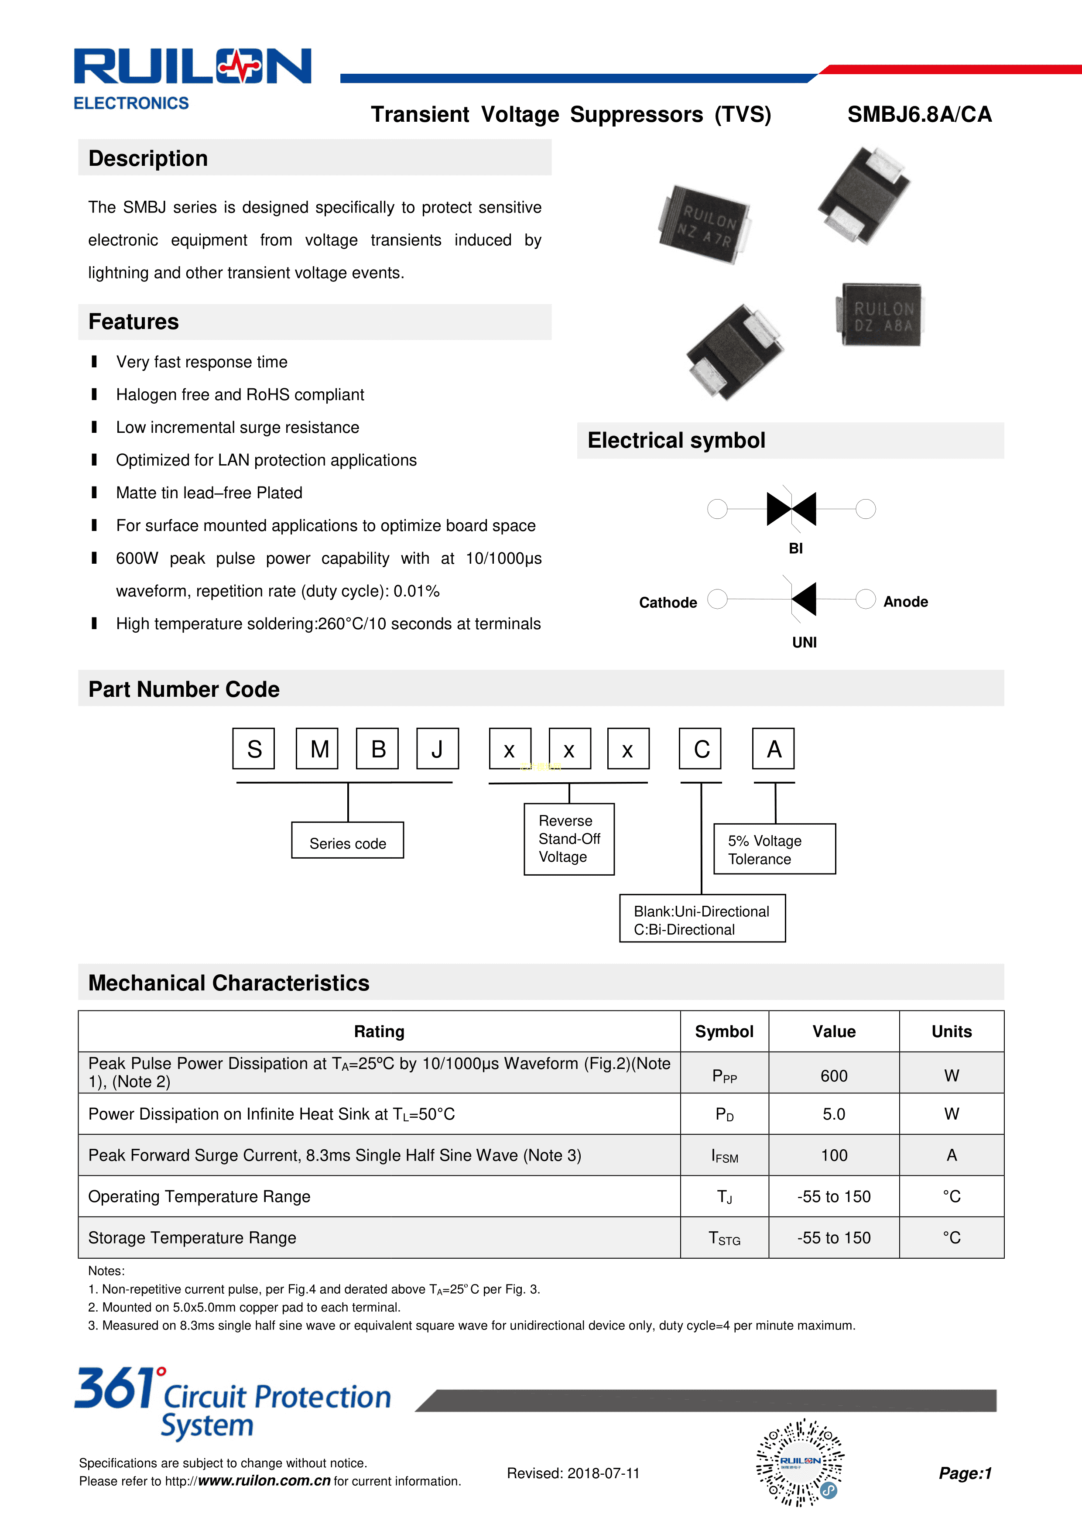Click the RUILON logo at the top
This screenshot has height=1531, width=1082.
(x=192, y=67)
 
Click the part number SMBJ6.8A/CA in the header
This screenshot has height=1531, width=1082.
(x=919, y=115)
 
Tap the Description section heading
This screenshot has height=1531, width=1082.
(x=148, y=159)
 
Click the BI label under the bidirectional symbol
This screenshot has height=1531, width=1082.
(x=795, y=548)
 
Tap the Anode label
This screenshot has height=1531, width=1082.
(x=905, y=602)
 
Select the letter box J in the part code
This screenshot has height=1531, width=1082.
(x=437, y=749)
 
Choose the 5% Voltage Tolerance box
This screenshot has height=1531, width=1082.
(x=774, y=849)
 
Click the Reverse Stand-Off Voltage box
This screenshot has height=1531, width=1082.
(x=568, y=839)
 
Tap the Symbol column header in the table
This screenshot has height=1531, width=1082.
(x=724, y=1031)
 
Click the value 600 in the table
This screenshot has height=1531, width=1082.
(x=833, y=1075)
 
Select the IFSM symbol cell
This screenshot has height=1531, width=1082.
(x=724, y=1156)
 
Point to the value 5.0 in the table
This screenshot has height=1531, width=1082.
(x=833, y=1114)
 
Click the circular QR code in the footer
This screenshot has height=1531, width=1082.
(x=800, y=1462)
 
